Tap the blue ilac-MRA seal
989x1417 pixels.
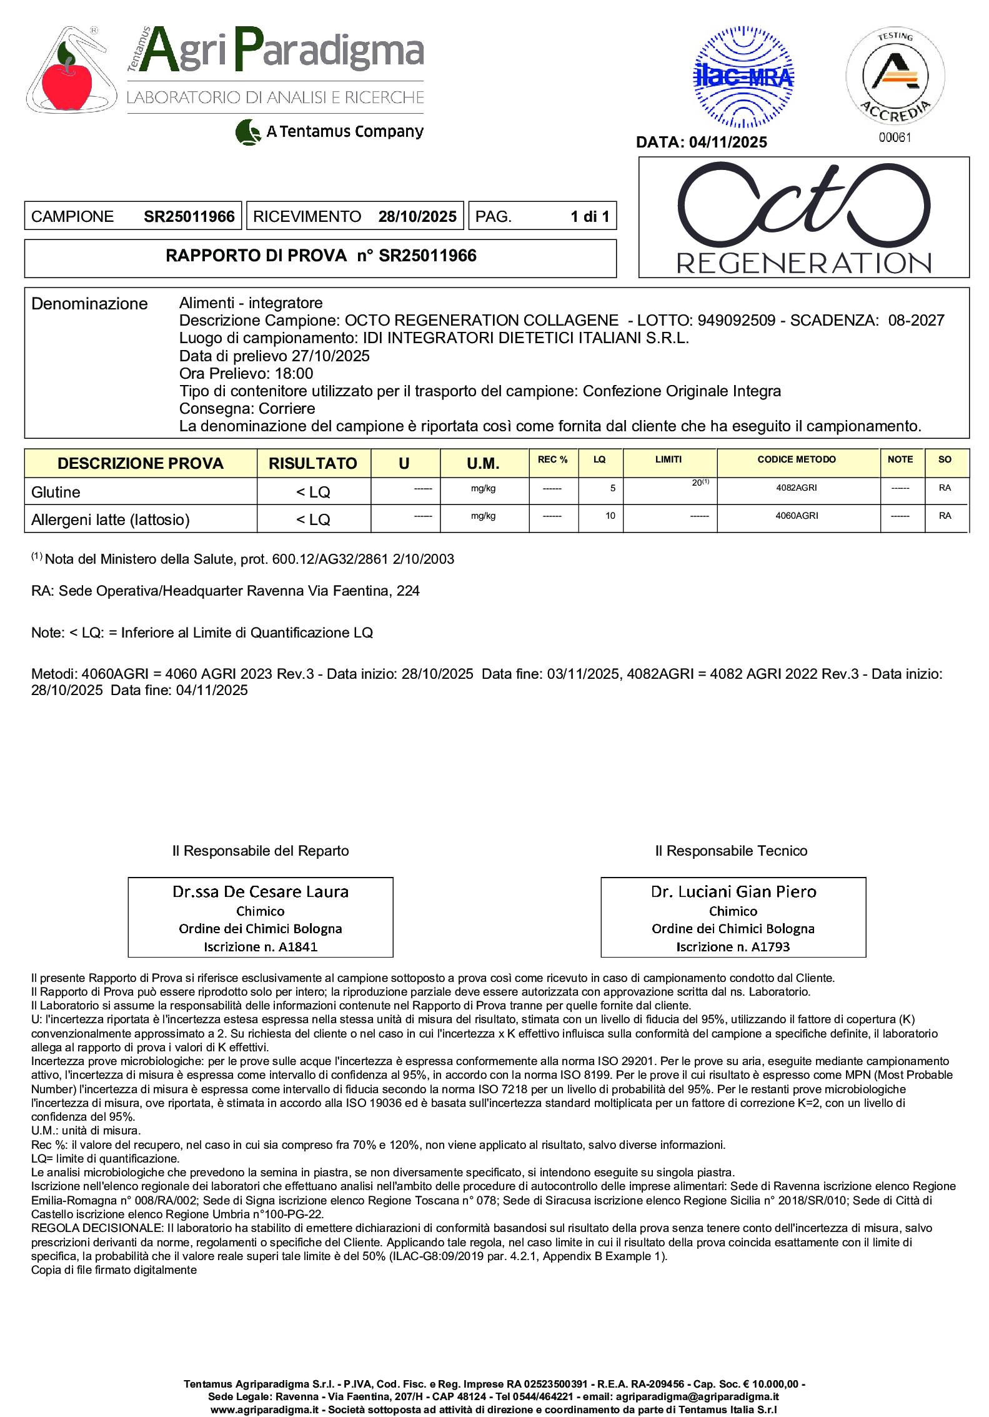click(x=743, y=77)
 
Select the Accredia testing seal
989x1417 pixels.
click(x=895, y=76)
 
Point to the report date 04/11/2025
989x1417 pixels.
click(x=728, y=143)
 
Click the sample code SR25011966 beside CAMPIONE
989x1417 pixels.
click(x=189, y=217)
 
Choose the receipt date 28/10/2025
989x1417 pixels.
click(x=417, y=217)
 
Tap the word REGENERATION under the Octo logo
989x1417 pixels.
click(x=804, y=263)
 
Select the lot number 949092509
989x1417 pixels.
click(x=736, y=321)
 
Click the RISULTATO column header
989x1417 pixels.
click(x=313, y=464)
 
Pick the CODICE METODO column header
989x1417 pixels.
click(x=796, y=459)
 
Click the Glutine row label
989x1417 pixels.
click(x=56, y=493)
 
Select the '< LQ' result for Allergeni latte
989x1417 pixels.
click(x=313, y=520)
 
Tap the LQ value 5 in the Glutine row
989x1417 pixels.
click(x=613, y=488)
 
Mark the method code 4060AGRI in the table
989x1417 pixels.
click(x=797, y=516)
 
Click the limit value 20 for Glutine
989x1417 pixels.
click(x=697, y=483)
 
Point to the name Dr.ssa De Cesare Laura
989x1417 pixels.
click(x=261, y=892)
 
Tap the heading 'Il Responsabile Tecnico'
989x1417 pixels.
click(x=731, y=851)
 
